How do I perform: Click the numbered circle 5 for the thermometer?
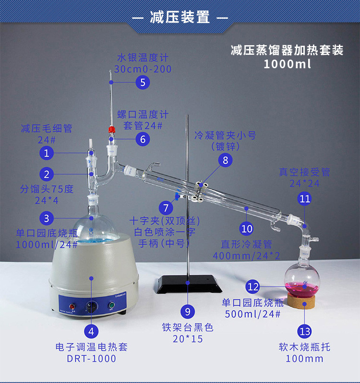142,82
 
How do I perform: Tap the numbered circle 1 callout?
47,153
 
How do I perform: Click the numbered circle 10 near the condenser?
247,228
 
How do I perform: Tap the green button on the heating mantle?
111,305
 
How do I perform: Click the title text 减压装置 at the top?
180,18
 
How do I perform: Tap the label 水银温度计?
143,58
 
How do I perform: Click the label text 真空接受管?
305,172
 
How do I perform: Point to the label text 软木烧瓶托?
305,347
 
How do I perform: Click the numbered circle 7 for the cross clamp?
166,208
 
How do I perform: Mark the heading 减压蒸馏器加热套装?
287,50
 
